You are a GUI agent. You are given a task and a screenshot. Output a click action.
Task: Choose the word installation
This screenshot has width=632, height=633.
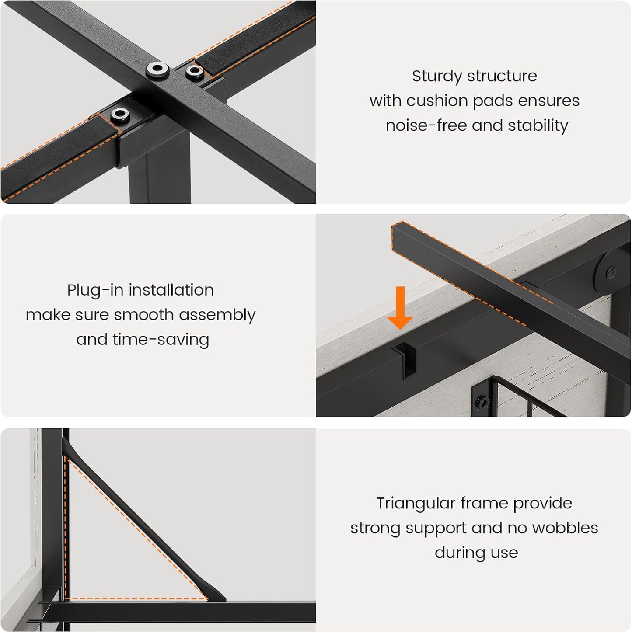click(x=171, y=290)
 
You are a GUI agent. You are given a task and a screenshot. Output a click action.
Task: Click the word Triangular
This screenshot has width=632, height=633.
click(x=416, y=504)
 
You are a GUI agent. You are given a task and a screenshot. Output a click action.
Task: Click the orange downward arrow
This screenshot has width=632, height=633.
click(x=400, y=307)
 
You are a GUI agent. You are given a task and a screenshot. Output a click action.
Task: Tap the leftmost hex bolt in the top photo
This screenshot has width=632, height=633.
click(x=120, y=115)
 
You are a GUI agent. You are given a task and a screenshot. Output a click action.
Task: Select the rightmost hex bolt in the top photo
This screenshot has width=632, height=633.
click(x=195, y=71)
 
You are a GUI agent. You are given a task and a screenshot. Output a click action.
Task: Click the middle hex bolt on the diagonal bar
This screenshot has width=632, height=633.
click(x=157, y=69)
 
